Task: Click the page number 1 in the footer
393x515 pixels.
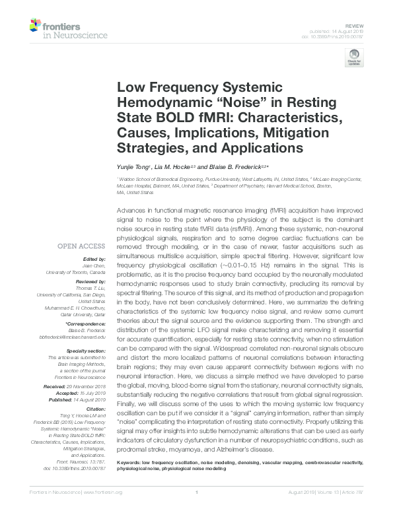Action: tap(197, 510)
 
